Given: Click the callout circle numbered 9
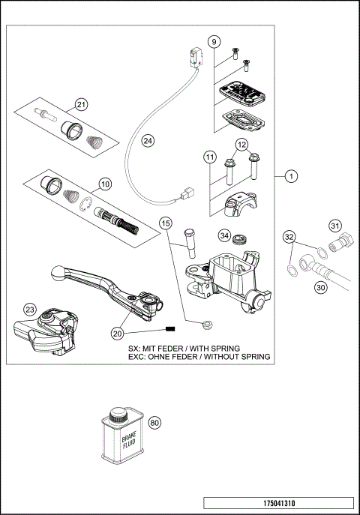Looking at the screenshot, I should tap(214, 41).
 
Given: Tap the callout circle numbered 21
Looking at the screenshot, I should tap(81, 105).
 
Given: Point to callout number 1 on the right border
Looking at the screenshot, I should tap(292, 176).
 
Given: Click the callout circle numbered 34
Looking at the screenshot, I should tap(223, 235).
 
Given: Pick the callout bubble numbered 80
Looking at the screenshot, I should tap(155, 424).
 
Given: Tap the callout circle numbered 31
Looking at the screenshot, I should tap(335, 226).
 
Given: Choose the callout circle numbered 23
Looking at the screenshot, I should tap(29, 310).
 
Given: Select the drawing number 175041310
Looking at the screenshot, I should tap(277, 503).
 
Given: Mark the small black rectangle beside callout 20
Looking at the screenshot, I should tap(169, 330).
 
